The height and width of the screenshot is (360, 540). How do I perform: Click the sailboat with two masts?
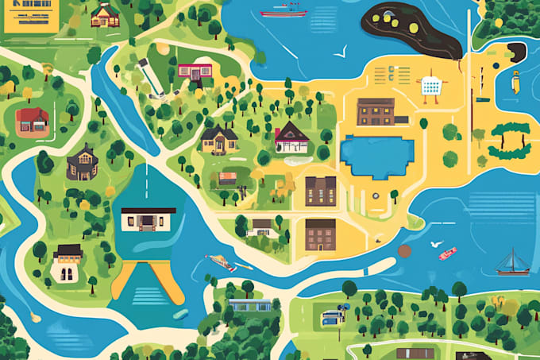[512, 263]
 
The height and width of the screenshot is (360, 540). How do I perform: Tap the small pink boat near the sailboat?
[448, 254]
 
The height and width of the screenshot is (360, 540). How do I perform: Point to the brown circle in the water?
[404, 251]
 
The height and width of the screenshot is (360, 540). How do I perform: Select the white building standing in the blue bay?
[148, 219]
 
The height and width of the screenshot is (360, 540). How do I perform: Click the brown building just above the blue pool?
[376, 112]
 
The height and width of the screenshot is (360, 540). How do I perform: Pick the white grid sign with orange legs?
[430, 87]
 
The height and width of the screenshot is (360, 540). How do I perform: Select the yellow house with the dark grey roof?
[219, 139]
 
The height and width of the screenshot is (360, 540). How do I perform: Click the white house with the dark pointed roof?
[291, 137]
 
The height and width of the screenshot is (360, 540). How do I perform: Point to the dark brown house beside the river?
[83, 163]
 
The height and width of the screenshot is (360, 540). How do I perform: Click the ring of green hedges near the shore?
[509, 139]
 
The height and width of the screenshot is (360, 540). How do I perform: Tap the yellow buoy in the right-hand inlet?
[515, 80]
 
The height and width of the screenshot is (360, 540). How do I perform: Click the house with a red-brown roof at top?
[105, 14]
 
